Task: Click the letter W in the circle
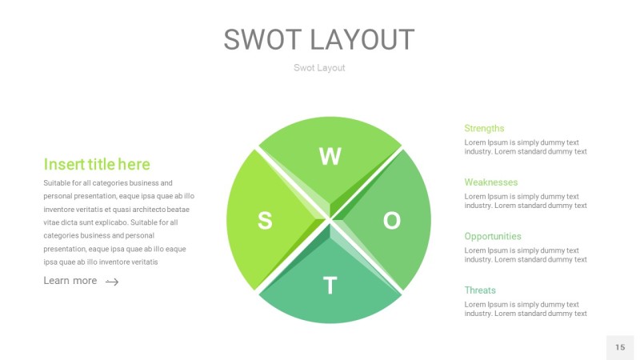[x=330, y=157]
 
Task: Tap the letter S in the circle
[x=265, y=221]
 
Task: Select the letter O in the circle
[x=392, y=221]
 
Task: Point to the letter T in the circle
[x=330, y=286]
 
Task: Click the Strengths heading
[x=484, y=128]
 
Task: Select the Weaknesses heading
[x=490, y=182]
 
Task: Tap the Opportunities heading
[x=492, y=237]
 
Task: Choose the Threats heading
[x=480, y=290]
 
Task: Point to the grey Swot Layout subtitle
[x=319, y=68]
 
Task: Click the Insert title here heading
[x=96, y=165]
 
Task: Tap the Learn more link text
[x=70, y=281]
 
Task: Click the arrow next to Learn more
[x=112, y=282]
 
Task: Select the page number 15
[x=620, y=347]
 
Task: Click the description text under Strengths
[x=525, y=147]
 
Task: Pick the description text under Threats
[x=525, y=310]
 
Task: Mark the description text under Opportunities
[x=525, y=255]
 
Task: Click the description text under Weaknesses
[x=525, y=202]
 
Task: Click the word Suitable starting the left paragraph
[x=58, y=183]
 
